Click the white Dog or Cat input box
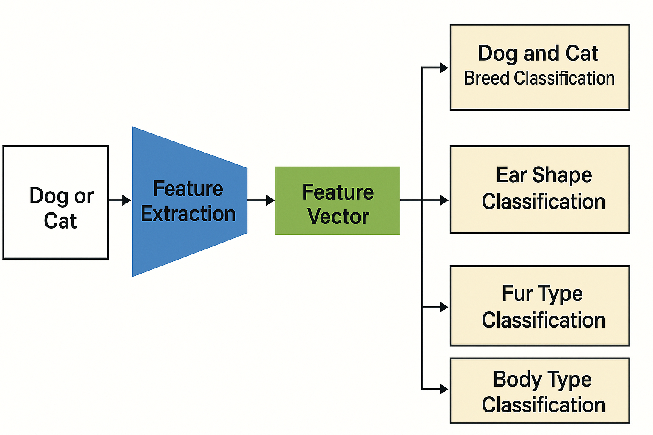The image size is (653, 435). coord(55,202)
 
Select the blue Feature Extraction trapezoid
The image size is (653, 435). coord(189,201)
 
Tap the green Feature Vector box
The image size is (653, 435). coord(338,201)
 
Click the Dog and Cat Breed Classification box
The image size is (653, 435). coord(539,67)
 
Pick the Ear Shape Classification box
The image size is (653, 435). coord(539,189)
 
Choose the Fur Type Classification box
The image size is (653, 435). coord(539,305)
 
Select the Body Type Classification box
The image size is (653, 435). coord(539,391)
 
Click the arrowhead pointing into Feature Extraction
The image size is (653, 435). coord(126,200)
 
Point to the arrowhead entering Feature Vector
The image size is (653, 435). coord(270,200)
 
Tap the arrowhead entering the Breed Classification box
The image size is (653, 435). coord(444,68)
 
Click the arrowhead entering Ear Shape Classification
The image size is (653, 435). coord(444,200)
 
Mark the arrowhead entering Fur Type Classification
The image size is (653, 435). coord(444,307)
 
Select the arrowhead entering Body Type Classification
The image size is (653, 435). coord(444,389)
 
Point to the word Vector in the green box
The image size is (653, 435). coord(338,217)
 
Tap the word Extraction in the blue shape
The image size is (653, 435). coord(188,214)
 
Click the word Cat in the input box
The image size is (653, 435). coord(60,221)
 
